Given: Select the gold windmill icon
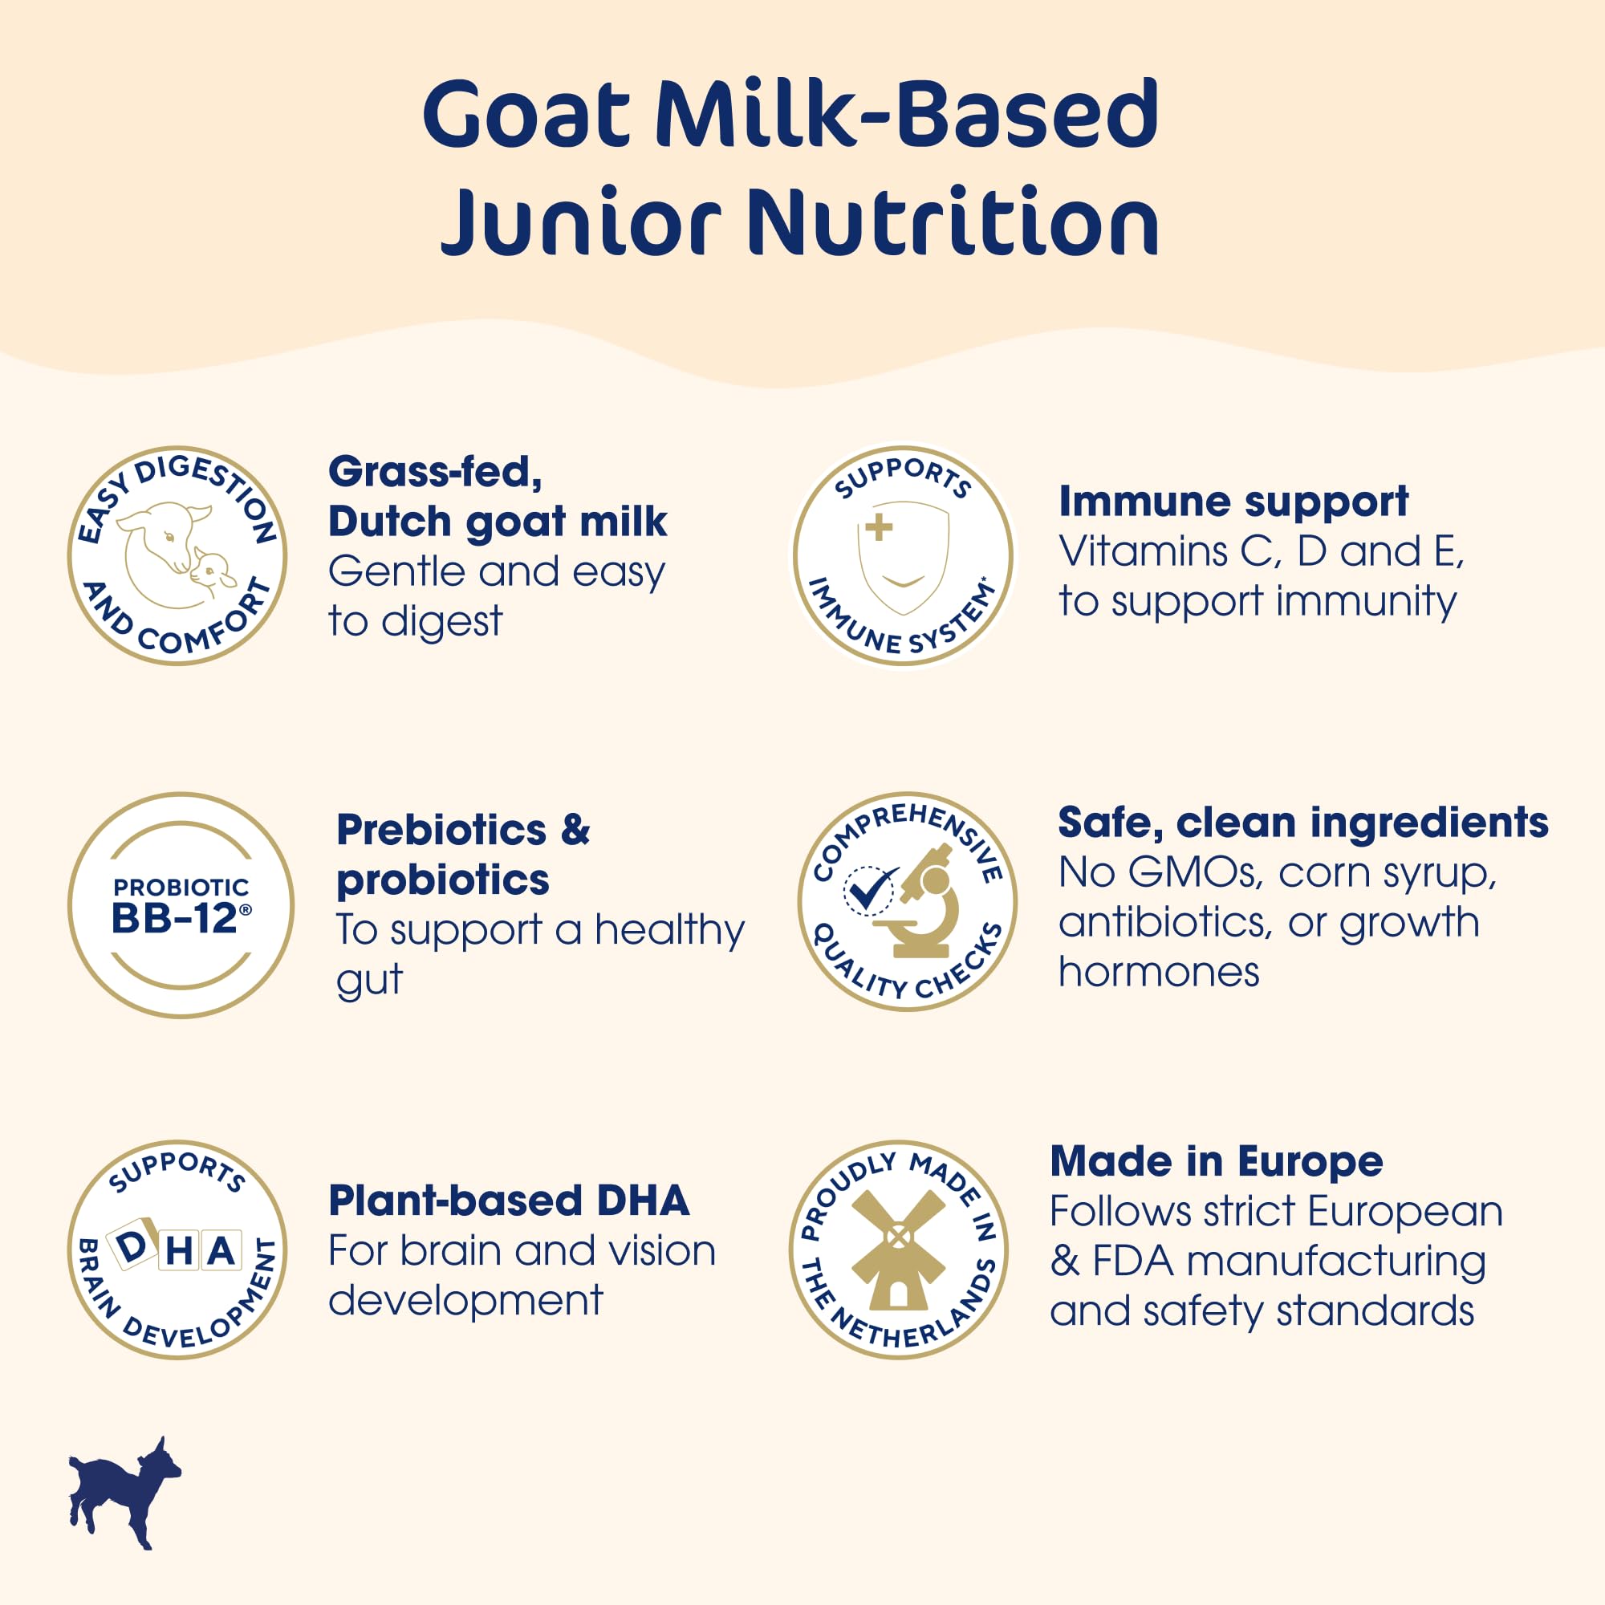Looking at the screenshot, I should pyautogui.click(x=898, y=1249).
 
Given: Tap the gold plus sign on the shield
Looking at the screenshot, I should pyautogui.click(x=878, y=526).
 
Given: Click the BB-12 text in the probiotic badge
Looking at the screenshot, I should pyautogui.click(x=174, y=918).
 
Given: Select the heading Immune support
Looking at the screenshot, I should pyautogui.click(x=1233, y=502).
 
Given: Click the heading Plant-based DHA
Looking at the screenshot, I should pyautogui.click(x=509, y=1201).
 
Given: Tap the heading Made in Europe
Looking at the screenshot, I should pyautogui.click(x=1217, y=1160).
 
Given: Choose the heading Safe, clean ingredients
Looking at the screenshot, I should pyautogui.click(x=1302, y=823).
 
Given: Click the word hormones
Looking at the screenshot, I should pyautogui.click(x=1158, y=972).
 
